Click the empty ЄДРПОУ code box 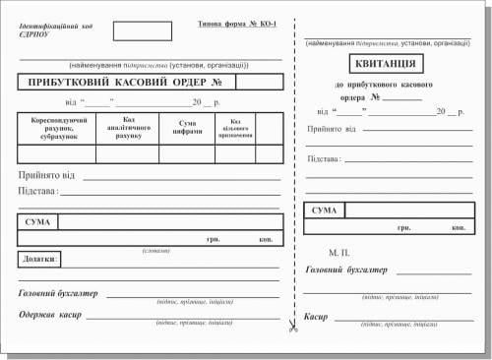point(134,30)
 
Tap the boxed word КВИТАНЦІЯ point(383,65)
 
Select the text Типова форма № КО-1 point(236,22)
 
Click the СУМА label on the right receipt point(325,211)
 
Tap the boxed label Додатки point(39,260)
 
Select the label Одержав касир point(50,315)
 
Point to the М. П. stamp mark point(339,252)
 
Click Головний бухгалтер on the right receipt point(346,270)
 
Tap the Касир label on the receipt point(316,317)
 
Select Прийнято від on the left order point(45,175)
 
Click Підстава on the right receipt point(325,158)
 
